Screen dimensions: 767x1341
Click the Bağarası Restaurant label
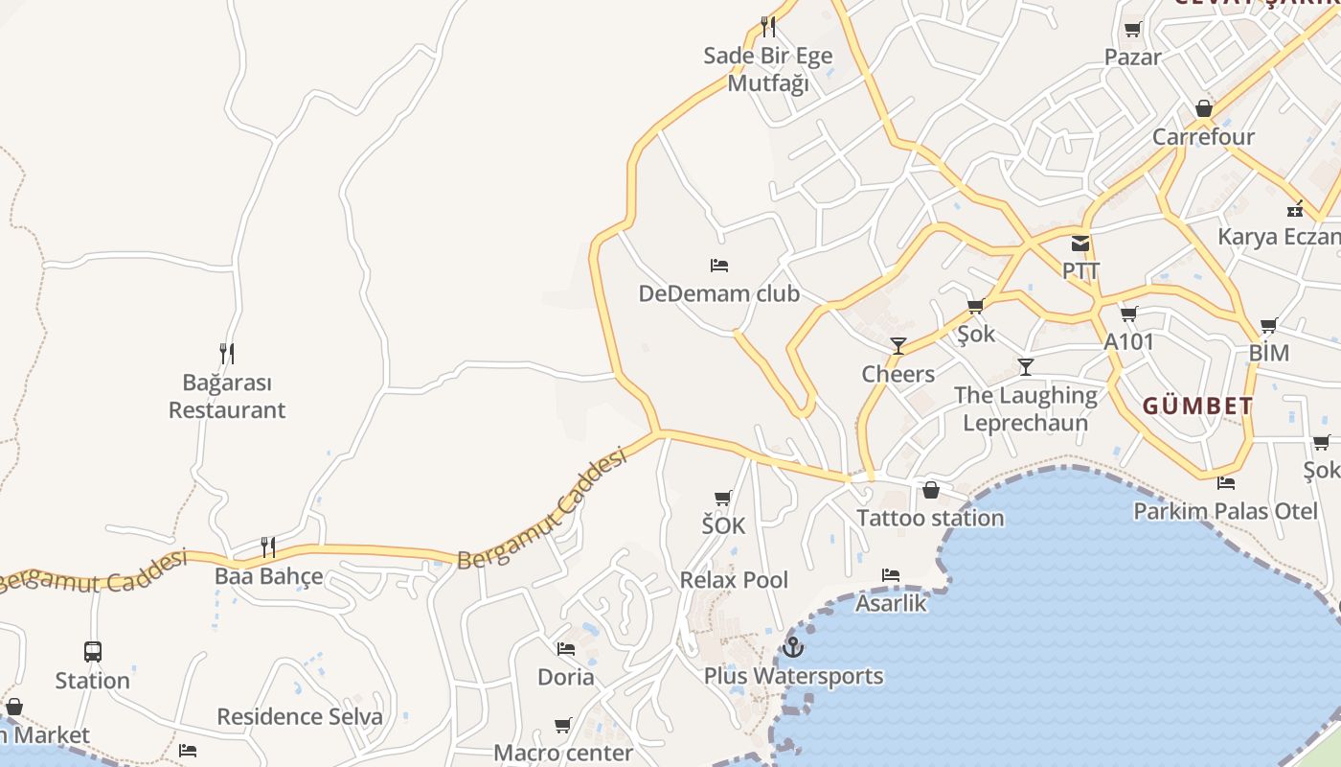pos(227,396)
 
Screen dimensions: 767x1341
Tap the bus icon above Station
pos(93,652)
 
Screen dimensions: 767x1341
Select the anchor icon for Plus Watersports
pos(792,647)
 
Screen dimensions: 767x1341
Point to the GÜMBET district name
pos(1197,406)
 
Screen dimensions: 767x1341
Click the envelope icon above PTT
pos(1080,244)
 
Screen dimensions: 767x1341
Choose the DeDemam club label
pos(718,293)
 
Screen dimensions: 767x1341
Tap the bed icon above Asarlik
pos(891,575)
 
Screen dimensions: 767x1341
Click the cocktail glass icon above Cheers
pos(898,346)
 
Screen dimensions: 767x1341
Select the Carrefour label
pos(1203,136)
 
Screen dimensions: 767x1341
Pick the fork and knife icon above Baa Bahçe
pos(268,547)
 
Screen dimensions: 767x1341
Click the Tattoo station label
pos(930,518)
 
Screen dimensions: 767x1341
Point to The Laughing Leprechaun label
pos(1026,408)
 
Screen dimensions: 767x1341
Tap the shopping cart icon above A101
pos(1129,314)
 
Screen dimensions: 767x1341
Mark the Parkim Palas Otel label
pos(1225,511)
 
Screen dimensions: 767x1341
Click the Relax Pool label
pos(734,580)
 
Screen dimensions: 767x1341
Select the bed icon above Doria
pos(566,649)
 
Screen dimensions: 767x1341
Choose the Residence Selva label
pos(299,716)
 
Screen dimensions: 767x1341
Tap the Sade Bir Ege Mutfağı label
pos(768,69)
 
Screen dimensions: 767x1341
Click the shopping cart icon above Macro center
pos(563,725)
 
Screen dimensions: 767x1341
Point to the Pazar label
pos(1132,57)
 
